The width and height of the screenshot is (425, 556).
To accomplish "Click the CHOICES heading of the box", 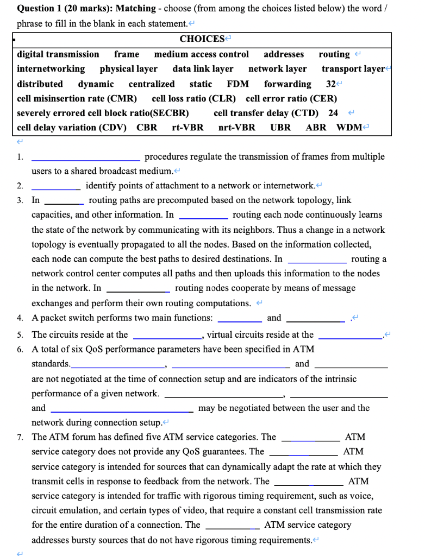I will [202, 39].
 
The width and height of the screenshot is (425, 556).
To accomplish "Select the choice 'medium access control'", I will [201, 54].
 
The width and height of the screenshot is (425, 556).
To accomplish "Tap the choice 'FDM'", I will [237, 84].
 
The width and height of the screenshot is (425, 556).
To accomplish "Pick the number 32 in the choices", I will [330, 84].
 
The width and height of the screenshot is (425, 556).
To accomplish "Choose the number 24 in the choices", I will [333, 113].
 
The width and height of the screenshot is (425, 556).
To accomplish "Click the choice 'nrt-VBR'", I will [236, 128].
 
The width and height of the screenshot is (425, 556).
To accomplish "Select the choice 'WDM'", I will [349, 128].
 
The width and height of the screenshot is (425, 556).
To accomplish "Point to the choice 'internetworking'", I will [51, 69].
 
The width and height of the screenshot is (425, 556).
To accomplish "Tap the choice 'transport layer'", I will [353, 69].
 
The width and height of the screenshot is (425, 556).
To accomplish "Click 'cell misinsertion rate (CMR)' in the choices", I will [77, 98].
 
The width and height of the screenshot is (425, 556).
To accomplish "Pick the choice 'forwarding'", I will [287, 84].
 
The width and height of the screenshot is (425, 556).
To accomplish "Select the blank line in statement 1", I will [86, 159].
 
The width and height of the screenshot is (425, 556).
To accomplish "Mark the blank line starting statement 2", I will [56, 188].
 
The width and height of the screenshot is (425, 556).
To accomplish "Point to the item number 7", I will [20, 437].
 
